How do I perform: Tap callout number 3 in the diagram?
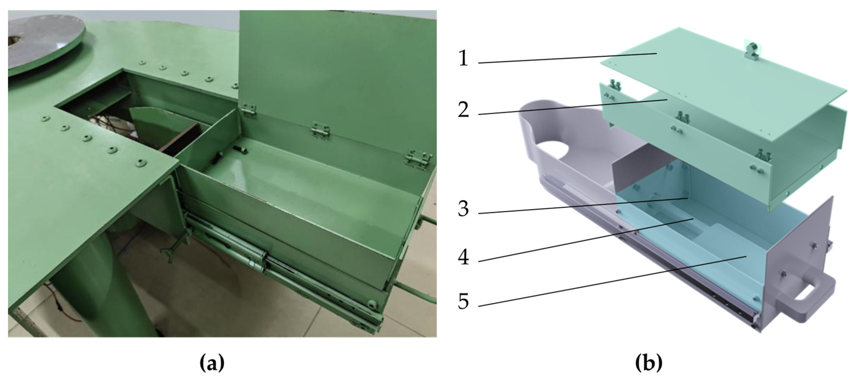pos(464,209)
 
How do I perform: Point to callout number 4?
pos(464,257)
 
